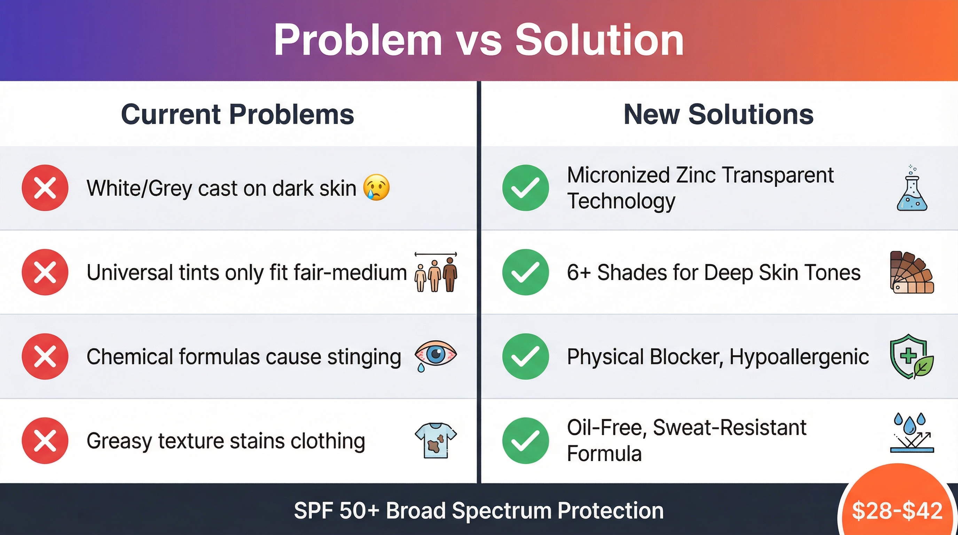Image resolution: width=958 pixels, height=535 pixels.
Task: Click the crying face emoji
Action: point(376,187)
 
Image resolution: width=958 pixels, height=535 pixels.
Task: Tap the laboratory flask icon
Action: point(912,188)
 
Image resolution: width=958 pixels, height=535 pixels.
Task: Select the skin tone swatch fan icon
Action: point(912,272)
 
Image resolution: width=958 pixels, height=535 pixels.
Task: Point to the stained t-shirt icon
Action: point(435,440)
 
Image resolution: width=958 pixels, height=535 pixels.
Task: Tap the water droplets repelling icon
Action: point(912,432)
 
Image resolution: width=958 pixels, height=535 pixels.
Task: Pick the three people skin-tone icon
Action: point(436,272)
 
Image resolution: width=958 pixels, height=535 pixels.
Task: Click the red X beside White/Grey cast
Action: point(45,187)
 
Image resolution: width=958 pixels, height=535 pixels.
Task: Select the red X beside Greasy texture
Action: point(45,441)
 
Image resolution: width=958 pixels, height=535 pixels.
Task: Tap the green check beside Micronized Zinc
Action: point(526,187)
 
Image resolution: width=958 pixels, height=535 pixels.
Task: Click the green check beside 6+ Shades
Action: point(526,272)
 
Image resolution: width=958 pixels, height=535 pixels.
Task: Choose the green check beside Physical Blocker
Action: point(526,356)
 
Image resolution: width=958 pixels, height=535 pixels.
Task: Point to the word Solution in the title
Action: point(599,39)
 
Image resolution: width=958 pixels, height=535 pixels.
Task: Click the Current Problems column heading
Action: point(238,114)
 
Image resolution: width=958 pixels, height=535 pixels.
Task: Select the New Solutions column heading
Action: point(718,114)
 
